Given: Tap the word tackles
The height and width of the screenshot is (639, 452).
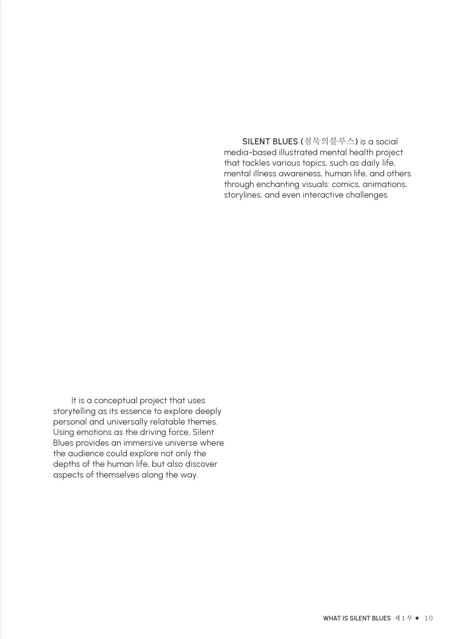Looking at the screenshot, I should click(256, 163).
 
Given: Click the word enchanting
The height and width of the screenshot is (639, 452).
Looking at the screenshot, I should click(277, 184).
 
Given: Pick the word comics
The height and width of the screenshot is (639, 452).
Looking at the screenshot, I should click(345, 184).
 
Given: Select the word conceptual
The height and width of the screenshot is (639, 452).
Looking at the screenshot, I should click(115, 401).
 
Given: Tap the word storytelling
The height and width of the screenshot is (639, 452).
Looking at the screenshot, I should click(74, 411).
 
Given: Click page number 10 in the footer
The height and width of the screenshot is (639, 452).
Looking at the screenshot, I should click(428, 618).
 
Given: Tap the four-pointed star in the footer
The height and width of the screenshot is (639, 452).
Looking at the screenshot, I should click(417, 618).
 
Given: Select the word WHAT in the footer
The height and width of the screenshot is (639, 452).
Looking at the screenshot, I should click(332, 618).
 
